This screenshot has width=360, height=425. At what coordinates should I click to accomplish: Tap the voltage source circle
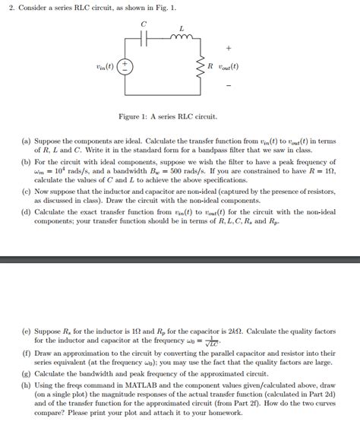coord(125,66)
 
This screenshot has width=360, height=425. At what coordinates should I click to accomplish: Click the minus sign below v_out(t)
coord(229,85)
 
